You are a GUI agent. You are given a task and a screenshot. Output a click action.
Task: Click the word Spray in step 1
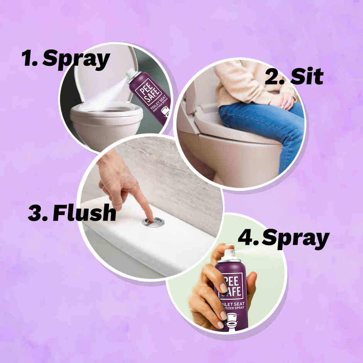pos(76,60)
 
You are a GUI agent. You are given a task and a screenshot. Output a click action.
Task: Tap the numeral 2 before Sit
pos(273,77)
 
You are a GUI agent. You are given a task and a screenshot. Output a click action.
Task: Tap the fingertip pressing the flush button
pos(148,215)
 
